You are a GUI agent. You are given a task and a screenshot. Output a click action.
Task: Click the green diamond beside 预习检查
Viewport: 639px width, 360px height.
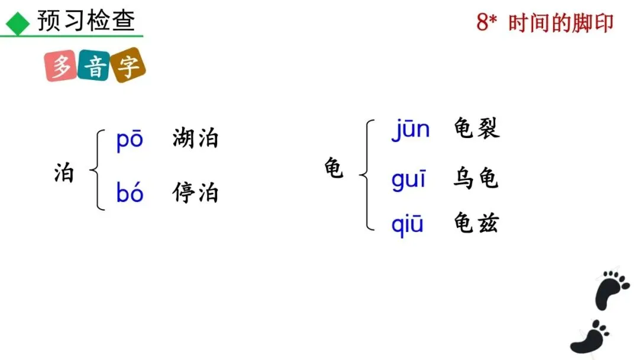tap(18, 23)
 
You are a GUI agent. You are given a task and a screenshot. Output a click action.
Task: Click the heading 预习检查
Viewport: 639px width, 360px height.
tap(86, 21)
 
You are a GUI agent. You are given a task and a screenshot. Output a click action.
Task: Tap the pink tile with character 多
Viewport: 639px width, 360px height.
tap(61, 66)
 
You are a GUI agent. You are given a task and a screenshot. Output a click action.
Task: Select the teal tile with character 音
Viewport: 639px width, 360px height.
tap(94, 65)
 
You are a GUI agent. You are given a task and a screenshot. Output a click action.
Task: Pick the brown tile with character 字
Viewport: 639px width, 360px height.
tap(128, 65)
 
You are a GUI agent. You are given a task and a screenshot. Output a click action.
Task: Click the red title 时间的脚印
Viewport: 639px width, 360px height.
tap(561, 23)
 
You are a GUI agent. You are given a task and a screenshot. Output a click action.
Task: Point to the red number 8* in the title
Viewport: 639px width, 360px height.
tap(487, 23)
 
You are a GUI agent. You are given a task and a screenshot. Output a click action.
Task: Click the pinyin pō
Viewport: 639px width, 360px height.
tap(130, 140)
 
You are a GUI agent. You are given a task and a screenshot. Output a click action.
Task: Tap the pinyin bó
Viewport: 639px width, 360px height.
tap(130, 193)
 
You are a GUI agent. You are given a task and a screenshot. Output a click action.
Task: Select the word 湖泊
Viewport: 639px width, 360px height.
tap(195, 139)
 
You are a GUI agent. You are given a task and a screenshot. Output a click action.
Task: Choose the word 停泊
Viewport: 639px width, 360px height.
tap(195, 193)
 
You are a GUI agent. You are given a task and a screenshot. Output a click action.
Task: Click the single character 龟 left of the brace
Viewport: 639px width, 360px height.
tap(334, 168)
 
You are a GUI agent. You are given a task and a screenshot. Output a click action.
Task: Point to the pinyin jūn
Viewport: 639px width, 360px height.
tap(410, 129)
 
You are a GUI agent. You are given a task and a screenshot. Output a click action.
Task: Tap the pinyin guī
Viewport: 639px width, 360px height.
tap(408, 178)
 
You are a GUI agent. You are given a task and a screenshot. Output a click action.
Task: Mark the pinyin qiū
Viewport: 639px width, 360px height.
tap(408, 224)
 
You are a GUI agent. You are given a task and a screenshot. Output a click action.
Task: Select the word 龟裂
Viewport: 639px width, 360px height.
tap(476, 128)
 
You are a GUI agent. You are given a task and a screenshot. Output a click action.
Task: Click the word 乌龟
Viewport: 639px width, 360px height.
tap(476, 178)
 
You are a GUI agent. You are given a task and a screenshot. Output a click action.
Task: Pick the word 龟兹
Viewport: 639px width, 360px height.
tap(476, 223)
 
